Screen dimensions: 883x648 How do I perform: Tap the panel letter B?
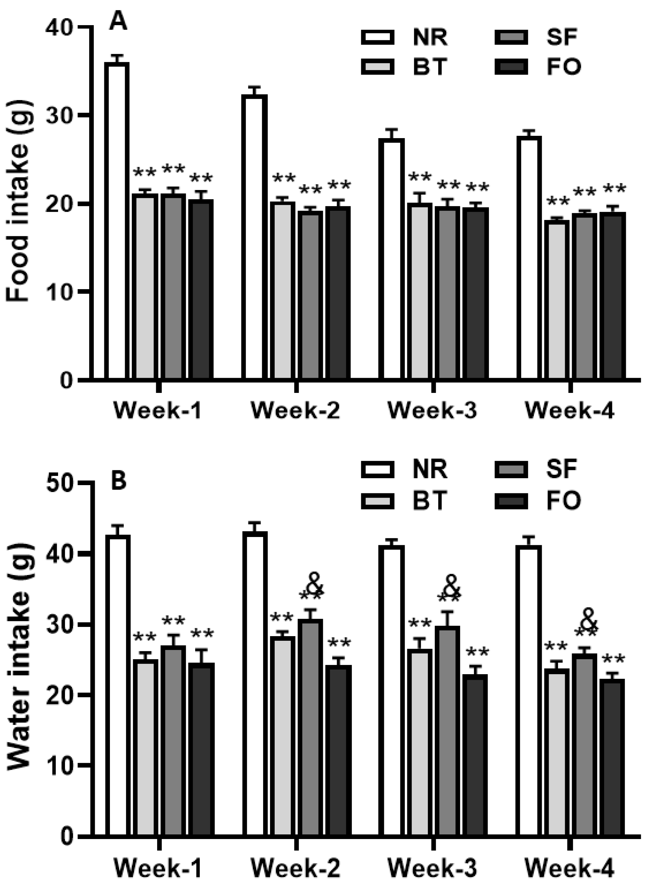click(x=119, y=481)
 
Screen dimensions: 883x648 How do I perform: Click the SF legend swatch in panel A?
click(x=511, y=38)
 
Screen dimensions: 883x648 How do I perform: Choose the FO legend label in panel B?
click(x=563, y=500)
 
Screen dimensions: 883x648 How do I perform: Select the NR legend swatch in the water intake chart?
click(x=377, y=469)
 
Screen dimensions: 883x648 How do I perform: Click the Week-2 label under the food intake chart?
click(x=295, y=411)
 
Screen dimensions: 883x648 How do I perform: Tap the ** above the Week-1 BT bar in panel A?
click(x=145, y=173)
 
